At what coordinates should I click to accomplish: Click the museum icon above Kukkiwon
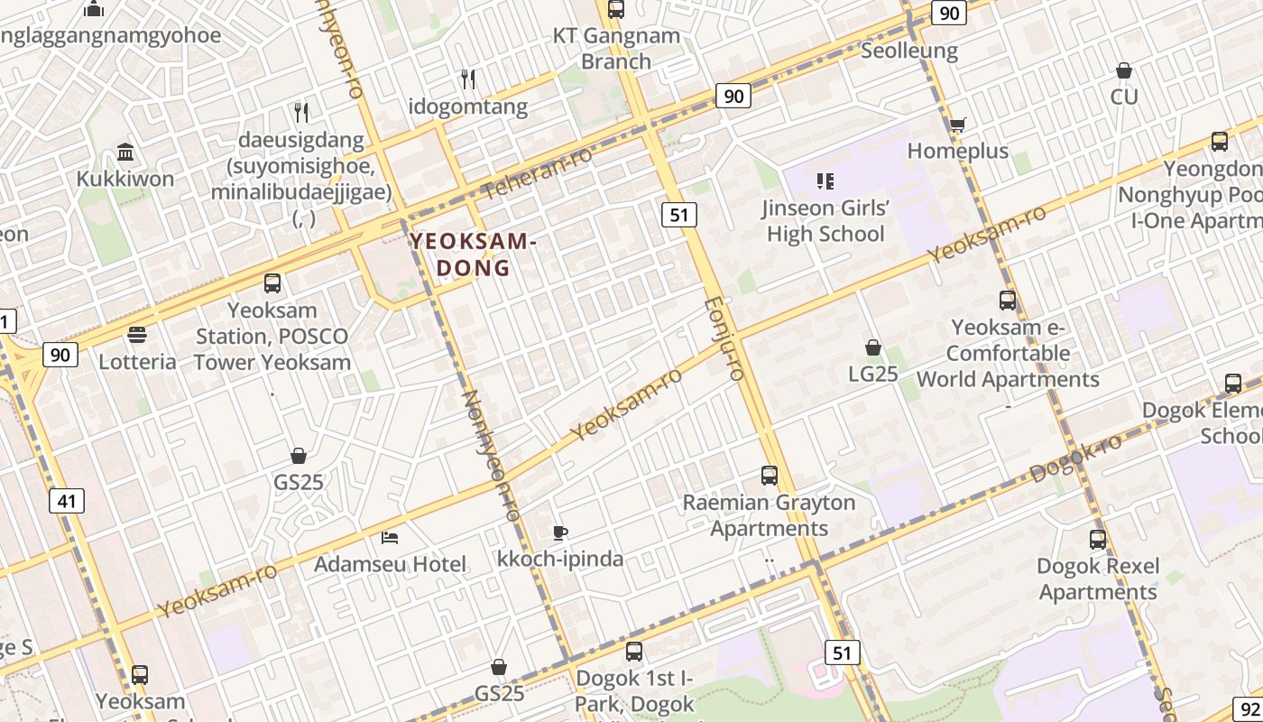[125, 152]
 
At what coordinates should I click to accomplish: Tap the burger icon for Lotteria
[137, 336]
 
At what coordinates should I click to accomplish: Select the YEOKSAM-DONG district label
[474, 255]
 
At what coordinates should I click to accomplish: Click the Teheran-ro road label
[538, 172]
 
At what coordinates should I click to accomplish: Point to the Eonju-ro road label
[723, 338]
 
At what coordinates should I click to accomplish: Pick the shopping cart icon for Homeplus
[957, 125]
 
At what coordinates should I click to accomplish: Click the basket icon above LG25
[872, 347]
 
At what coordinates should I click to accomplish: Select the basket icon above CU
[1124, 70]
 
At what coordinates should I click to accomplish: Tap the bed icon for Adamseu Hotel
[390, 538]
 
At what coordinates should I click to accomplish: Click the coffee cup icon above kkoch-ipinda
[560, 532]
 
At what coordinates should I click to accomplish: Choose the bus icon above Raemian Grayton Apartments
[769, 475]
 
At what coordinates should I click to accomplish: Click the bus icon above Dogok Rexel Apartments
[1097, 540]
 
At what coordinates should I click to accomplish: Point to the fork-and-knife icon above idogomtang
[467, 79]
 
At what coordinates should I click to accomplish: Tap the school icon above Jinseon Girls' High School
[825, 181]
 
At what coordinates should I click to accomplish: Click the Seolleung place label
[909, 51]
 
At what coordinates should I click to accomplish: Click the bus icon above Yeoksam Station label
[272, 283]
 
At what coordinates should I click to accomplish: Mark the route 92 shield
[1247, 709]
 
